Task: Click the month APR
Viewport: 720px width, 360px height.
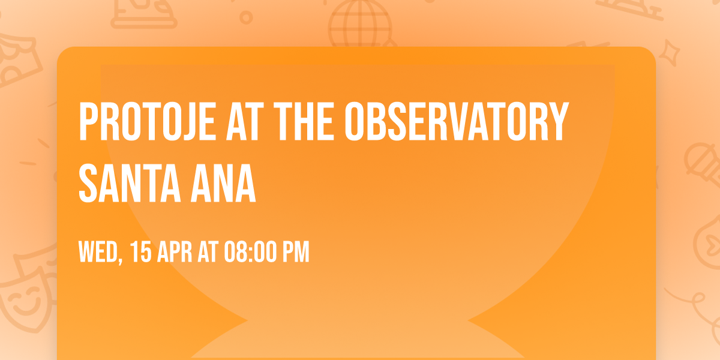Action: tap(175, 252)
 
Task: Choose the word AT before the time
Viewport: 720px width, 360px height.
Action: tap(208, 252)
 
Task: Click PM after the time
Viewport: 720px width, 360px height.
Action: tap(296, 252)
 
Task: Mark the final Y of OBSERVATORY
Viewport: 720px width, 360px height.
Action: tap(559, 122)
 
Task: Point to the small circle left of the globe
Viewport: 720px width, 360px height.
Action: tap(246, 18)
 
